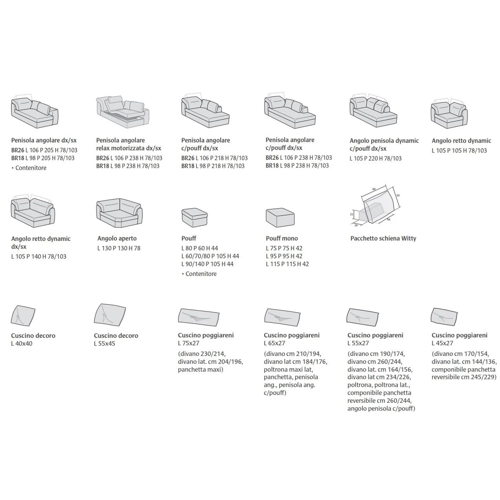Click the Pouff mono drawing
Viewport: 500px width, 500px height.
[x=280, y=217]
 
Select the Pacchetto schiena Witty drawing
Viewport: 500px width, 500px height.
[x=375, y=206]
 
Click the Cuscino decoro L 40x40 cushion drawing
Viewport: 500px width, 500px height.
[x=23, y=316]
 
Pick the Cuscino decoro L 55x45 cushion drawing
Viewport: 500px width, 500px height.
[x=110, y=315]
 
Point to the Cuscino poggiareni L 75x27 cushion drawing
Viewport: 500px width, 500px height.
[x=199, y=317]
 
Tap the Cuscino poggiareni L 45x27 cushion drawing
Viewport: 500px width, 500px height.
[x=444, y=317]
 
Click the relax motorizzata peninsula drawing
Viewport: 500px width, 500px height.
[x=122, y=112]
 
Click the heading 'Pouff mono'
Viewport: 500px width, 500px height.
[x=282, y=238]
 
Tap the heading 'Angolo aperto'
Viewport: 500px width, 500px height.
[x=117, y=238]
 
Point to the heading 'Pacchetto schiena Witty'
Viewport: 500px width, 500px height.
[x=383, y=238]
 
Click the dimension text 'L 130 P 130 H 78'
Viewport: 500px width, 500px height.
[x=119, y=248]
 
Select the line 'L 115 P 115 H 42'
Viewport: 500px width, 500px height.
[x=287, y=264]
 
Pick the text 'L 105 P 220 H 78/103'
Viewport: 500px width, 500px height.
[x=375, y=158]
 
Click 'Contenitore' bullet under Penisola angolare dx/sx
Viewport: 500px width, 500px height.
[x=29, y=168]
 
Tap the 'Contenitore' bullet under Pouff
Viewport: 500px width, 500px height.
[x=199, y=274]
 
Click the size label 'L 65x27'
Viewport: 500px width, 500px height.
[x=274, y=343]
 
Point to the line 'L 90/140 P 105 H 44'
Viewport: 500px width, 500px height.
[x=207, y=264]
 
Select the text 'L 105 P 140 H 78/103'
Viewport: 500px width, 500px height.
[x=39, y=257]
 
